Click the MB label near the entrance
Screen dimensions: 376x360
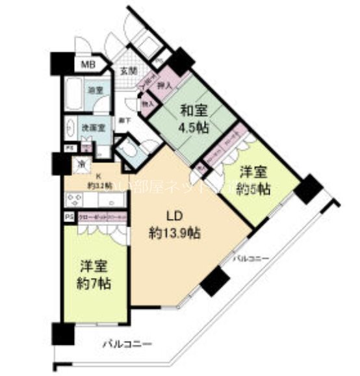87,64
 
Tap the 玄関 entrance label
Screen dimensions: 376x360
127,70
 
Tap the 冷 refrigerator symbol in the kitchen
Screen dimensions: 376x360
83,164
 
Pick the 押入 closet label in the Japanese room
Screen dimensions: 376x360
164,85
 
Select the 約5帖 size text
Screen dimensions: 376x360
255,190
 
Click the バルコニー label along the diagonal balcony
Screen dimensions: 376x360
251,259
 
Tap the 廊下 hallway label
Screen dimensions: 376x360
122,120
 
